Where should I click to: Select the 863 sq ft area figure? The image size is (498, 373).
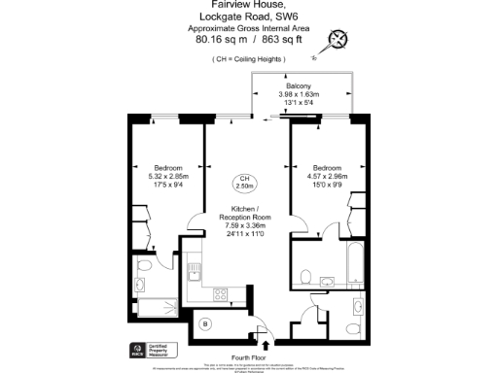click(x=284, y=41)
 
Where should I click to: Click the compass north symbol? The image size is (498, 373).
click(x=339, y=40)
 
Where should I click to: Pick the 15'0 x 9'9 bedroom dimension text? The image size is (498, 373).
click(x=327, y=183)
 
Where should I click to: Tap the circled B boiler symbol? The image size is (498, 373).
click(x=205, y=323)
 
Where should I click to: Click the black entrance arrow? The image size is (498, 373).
click(x=267, y=341)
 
